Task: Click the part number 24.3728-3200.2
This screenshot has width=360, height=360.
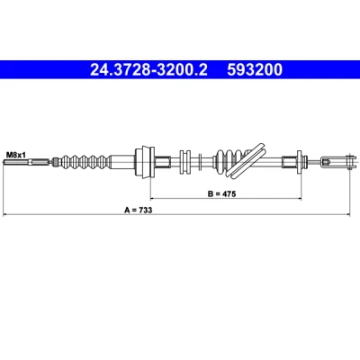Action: pyautogui.click(x=148, y=69)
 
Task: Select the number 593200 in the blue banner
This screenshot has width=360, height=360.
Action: pyautogui.click(x=255, y=69)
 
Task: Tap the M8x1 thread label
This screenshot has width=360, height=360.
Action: pyautogui.click(x=16, y=155)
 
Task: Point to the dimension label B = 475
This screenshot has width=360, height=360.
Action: pyautogui.click(x=222, y=193)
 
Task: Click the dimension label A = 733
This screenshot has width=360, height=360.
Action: pyautogui.click(x=139, y=210)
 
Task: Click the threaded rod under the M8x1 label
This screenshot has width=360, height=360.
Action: pyautogui.click(x=26, y=163)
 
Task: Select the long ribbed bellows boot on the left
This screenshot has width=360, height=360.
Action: pyautogui.click(x=85, y=163)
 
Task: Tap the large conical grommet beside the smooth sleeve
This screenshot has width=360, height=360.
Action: pyautogui.click(x=145, y=162)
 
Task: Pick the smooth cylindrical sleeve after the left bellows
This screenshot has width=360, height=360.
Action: pyautogui.click(x=122, y=163)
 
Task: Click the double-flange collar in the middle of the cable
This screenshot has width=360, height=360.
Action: pyautogui.click(x=185, y=162)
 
